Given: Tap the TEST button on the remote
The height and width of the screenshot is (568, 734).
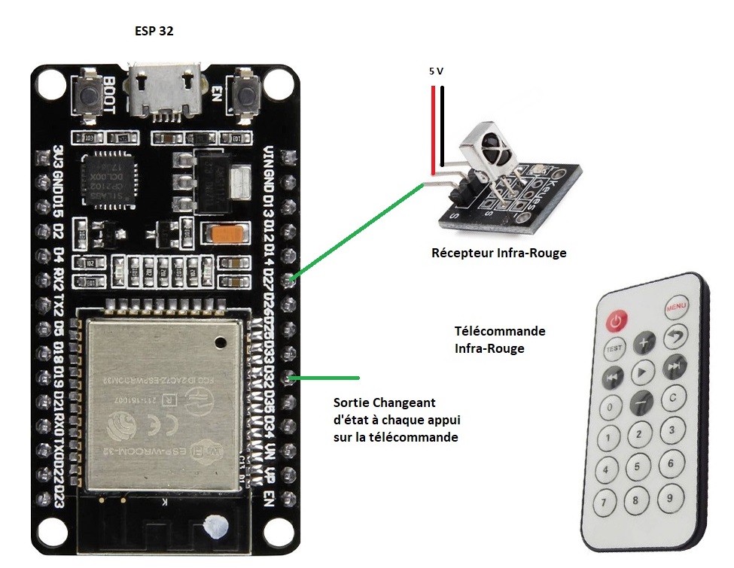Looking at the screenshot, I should (x=614, y=349).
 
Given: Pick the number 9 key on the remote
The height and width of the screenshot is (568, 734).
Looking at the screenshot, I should (x=667, y=497).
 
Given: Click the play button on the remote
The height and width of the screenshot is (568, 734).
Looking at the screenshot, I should (x=641, y=372).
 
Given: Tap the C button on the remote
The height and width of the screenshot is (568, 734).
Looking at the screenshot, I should (x=672, y=396).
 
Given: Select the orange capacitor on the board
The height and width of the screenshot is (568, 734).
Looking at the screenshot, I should (x=227, y=234).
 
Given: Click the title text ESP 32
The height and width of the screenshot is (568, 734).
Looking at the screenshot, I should (x=154, y=32).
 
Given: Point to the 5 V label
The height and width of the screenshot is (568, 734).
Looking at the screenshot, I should (x=436, y=71).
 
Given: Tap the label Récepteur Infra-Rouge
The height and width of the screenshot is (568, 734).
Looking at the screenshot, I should (x=498, y=254).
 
